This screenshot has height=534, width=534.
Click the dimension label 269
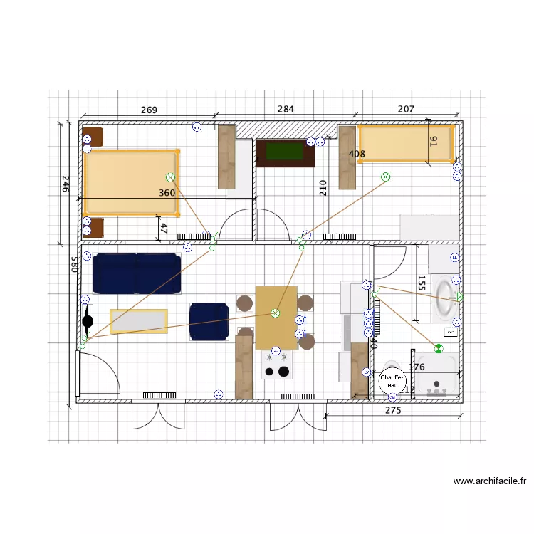(149, 110)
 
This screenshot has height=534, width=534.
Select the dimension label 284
(286, 109)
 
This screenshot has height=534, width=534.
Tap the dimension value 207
(406, 109)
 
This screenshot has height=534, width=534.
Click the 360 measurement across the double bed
(167, 193)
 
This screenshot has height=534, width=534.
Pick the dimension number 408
(357, 154)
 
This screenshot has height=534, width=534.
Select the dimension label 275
(393, 411)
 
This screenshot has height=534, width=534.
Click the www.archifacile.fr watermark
(490, 481)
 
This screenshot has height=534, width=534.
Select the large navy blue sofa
(136, 273)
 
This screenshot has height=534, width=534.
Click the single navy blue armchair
(209, 321)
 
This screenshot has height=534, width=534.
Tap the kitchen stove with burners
(278, 364)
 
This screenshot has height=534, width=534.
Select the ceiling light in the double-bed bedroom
(170, 177)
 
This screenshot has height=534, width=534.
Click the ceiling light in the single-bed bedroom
(385, 177)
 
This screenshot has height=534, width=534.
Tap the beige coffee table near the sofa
(139, 321)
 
